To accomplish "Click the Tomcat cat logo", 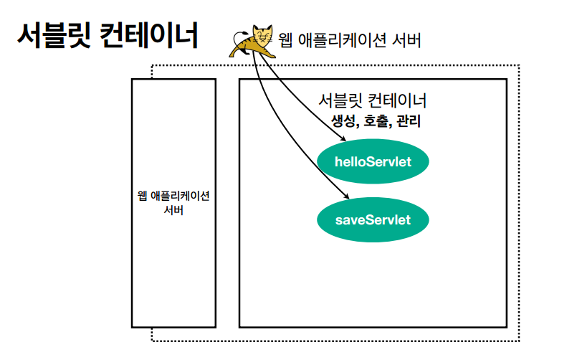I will (x=252, y=40).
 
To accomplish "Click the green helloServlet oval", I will (x=373, y=161).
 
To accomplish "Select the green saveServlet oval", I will (x=373, y=219).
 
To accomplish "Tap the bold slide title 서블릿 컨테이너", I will (x=107, y=35).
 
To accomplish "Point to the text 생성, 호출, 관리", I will (x=376, y=121).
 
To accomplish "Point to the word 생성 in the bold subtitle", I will (x=343, y=121).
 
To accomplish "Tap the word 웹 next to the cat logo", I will (x=286, y=41).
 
